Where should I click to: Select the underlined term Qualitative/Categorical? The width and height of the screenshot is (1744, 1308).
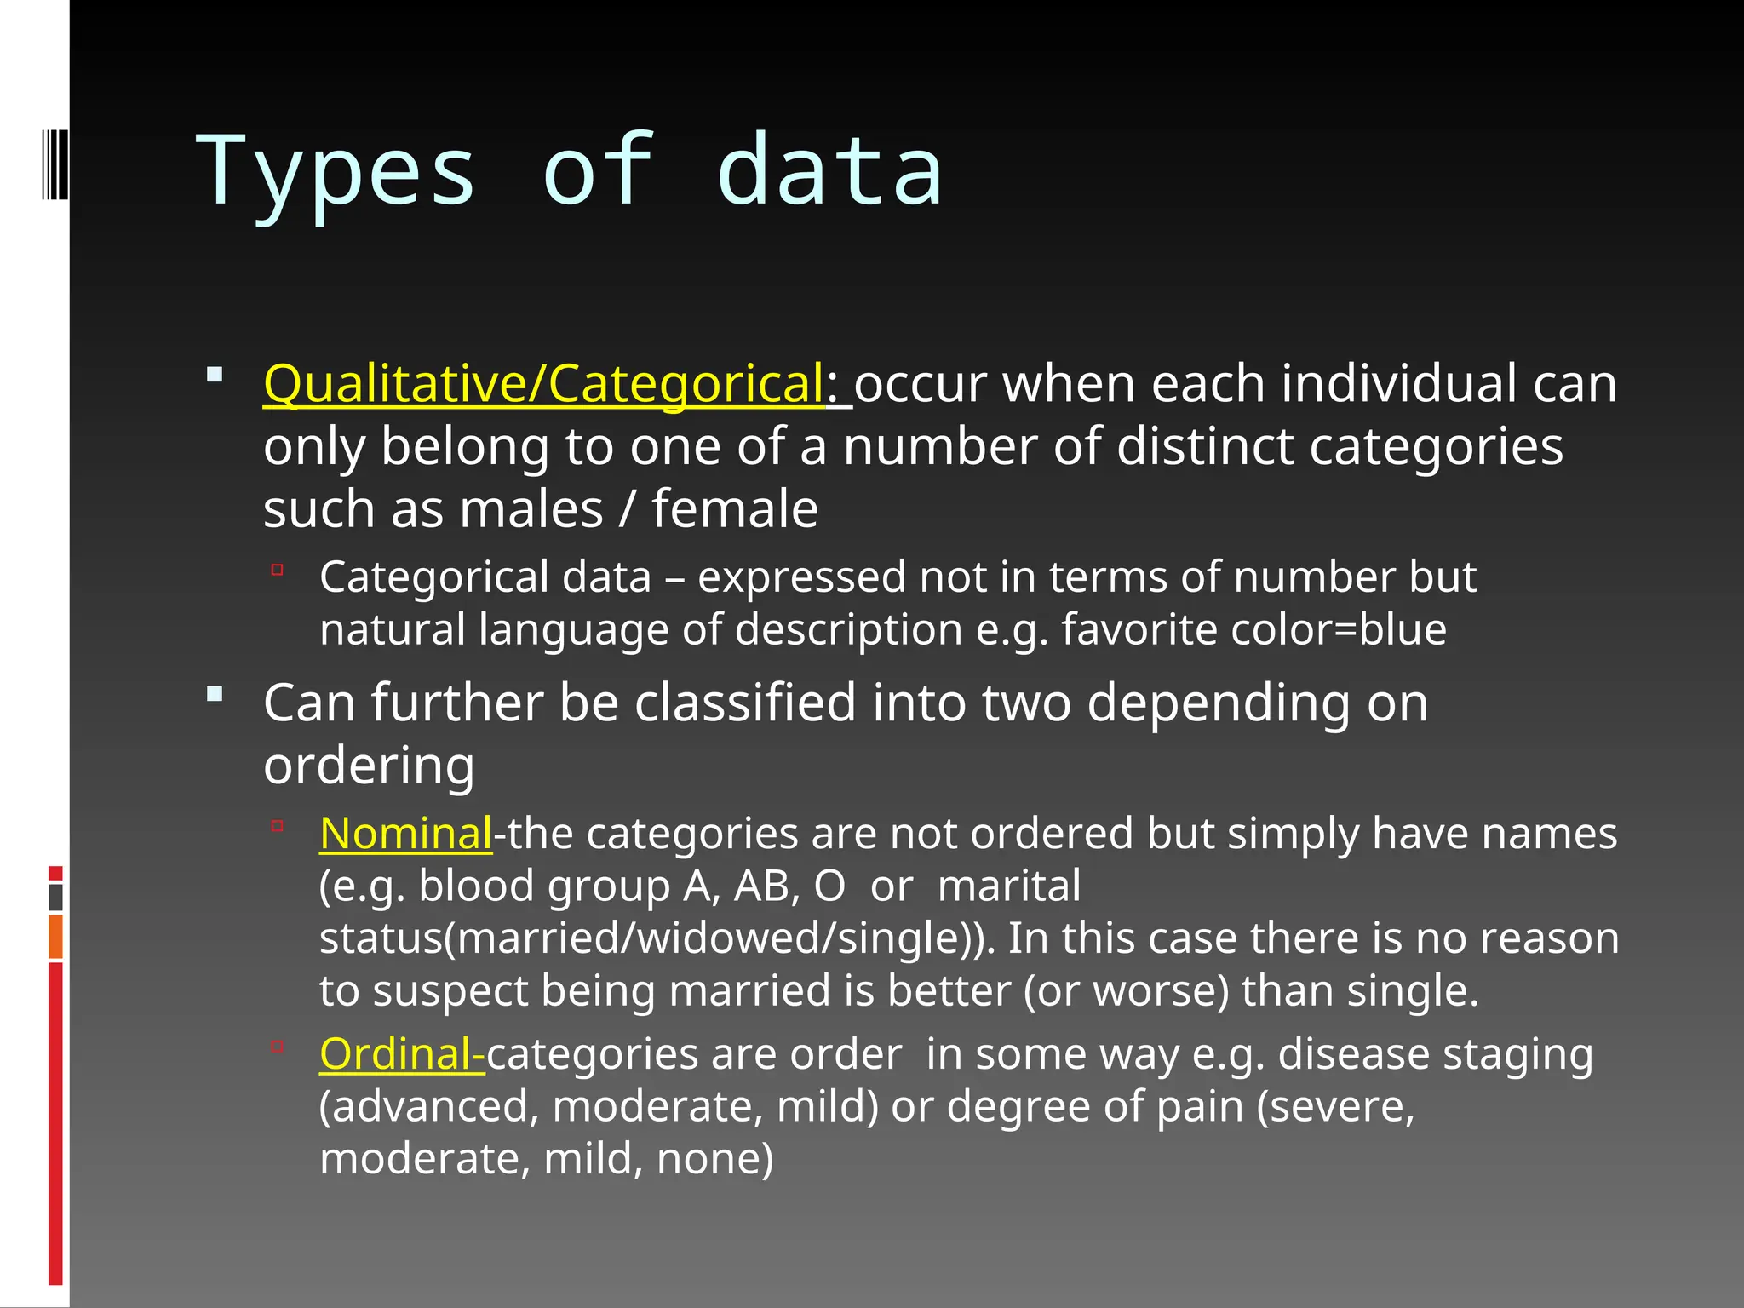543,384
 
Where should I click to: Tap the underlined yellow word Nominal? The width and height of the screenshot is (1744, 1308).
405,834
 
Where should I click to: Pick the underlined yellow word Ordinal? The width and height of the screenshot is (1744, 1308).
400,1054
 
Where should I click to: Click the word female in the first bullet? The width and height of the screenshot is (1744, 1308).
735,509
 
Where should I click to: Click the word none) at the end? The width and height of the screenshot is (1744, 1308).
714,1159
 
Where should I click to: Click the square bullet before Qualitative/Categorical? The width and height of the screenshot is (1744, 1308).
215,374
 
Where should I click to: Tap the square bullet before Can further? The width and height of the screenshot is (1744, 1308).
215,694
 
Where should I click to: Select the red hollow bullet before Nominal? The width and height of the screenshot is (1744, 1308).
277,825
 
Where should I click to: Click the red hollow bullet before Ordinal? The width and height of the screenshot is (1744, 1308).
277,1047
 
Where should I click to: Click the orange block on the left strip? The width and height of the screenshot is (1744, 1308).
55,937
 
